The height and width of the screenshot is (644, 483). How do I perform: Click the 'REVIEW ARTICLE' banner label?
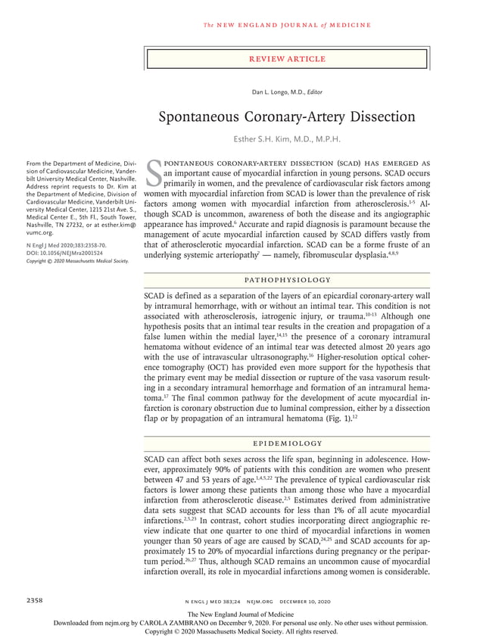(x=287, y=59)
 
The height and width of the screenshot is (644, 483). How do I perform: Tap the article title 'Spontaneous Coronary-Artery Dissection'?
(x=287, y=117)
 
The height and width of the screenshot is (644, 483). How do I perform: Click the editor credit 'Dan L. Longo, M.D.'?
(x=277, y=92)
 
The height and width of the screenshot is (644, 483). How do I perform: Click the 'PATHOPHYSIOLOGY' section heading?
(x=287, y=279)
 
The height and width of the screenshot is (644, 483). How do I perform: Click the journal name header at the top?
(x=287, y=25)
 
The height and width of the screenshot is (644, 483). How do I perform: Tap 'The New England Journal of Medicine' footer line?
(x=241, y=614)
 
